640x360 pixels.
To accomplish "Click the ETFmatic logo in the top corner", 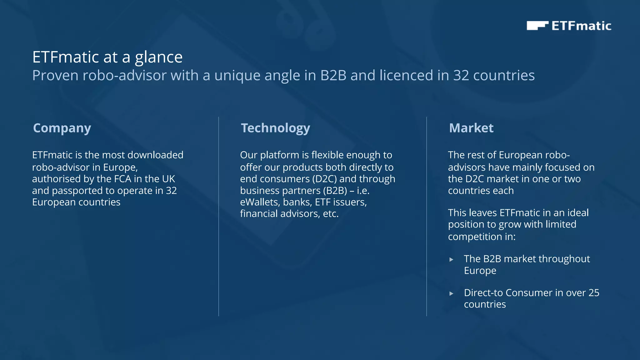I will tap(569, 26).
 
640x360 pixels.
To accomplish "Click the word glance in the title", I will tap(158, 57).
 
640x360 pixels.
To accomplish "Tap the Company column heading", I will tap(62, 128).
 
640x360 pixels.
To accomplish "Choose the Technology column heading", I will tap(275, 128).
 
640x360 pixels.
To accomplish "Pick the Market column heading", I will tap(471, 128).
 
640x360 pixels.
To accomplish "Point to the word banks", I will tap(297, 202).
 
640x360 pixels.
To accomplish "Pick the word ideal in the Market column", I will tap(578, 213).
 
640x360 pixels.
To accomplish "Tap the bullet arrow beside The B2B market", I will tap(451, 259).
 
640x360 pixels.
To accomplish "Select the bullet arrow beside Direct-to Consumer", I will tap(451, 293).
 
